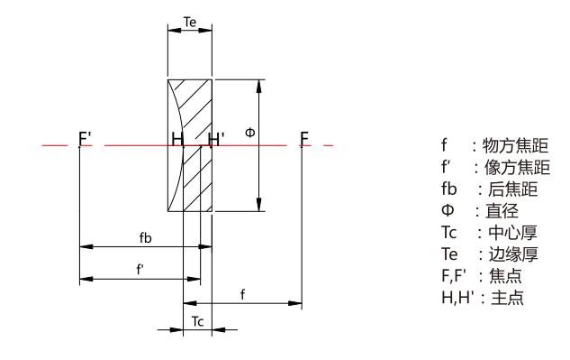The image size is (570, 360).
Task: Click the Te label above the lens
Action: [x=190, y=23]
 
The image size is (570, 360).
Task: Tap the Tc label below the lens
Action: [x=197, y=321]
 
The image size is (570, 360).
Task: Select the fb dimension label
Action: [x=145, y=237]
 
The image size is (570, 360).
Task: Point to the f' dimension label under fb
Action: [x=140, y=270]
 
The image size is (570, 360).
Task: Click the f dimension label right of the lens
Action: [x=242, y=294]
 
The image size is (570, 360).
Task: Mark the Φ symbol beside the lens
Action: [x=250, y=132]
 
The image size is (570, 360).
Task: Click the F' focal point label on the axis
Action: [x=85, y=139]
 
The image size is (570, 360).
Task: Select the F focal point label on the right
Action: [x=304, y=139]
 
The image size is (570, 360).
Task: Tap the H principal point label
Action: [x=177, y=139]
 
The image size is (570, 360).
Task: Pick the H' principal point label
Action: [x=216, y=139]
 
